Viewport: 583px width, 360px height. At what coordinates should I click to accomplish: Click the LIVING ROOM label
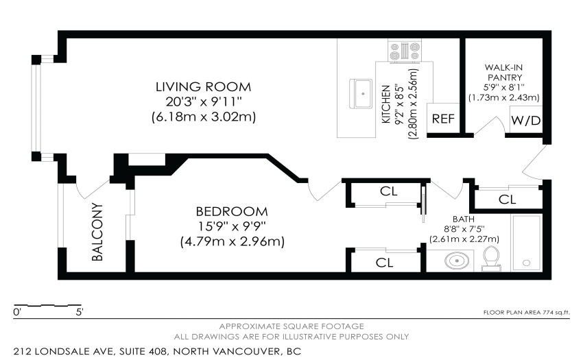point(204,87)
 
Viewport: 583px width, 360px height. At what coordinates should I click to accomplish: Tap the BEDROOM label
point(232,212)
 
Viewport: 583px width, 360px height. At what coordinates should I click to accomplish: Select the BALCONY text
point(97,232)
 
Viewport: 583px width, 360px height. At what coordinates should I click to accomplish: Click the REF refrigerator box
point(443,118)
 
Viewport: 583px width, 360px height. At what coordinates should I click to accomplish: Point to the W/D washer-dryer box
point(526,120)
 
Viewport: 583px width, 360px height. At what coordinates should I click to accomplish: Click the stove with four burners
point(405,51)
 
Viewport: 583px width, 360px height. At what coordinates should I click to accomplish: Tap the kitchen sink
point(360,94)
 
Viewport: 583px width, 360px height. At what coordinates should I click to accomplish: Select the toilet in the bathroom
point(491,258)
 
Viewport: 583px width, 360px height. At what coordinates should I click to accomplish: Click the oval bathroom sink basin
point(457,261)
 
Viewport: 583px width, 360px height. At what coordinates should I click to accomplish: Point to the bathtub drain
point(526,263)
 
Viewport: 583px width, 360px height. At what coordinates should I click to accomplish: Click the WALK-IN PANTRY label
point(505,73)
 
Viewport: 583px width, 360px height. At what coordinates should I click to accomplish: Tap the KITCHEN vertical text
point(386,104)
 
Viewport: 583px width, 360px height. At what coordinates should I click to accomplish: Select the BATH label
point(463,219)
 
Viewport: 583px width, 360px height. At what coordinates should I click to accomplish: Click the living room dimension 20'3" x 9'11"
point(204,101)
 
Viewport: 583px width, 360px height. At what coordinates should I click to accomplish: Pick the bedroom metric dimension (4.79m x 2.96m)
point(233,242)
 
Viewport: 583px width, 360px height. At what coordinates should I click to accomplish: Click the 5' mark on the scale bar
point(80,311)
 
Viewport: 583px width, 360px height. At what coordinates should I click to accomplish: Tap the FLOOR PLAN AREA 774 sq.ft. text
point(527,313)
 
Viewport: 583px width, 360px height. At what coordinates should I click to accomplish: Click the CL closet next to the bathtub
point(507,200)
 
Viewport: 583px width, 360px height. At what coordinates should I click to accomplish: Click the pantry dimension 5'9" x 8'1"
point(504,87)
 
